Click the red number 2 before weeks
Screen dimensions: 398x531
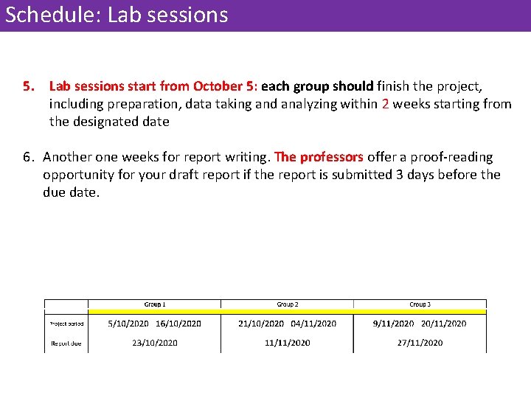[x=386, y=104]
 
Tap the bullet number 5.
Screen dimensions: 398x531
[x=28, y=86]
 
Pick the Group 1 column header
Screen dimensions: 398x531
[x=154, y=304]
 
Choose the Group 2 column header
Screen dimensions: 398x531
[x=287, y=304]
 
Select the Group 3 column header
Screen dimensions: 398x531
[x=420, y=304]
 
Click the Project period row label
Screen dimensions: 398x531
[x=66, y=324]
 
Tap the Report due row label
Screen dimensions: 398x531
[x=66, y=343]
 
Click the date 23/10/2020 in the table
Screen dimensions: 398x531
[x=154, y=343]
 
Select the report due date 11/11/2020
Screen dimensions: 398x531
[x=287, y=343]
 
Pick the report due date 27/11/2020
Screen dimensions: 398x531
[x=420, y=343]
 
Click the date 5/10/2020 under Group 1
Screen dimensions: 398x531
[x=128, y=324]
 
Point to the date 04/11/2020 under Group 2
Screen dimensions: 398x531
[x=313, y=324]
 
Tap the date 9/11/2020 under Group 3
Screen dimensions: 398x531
[x=393, y=324]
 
